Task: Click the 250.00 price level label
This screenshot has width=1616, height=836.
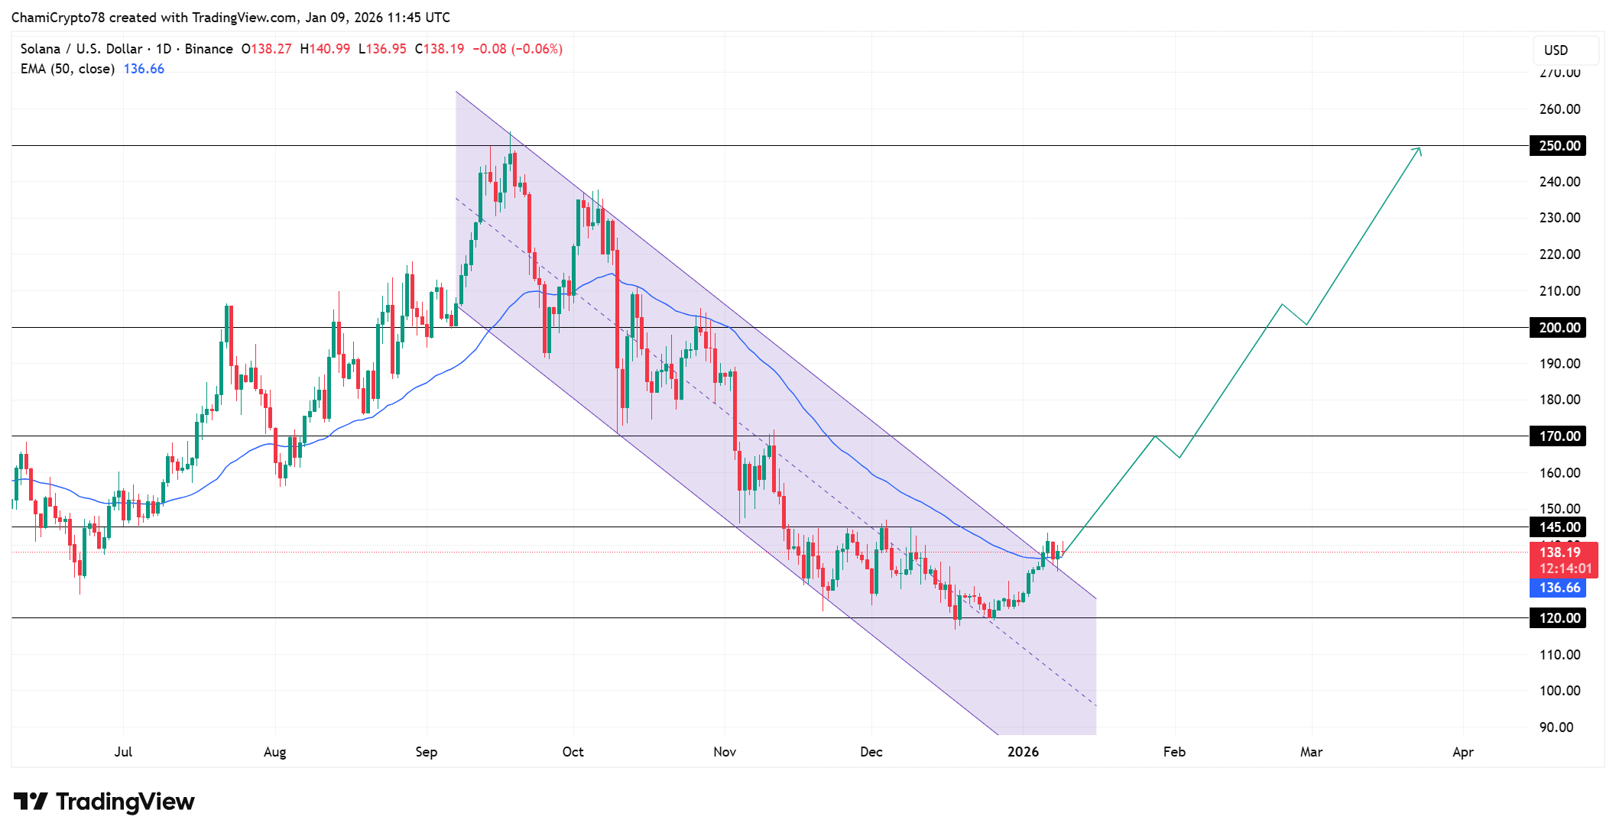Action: coord(1558,145)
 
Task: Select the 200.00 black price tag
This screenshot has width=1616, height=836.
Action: coord(1558,327)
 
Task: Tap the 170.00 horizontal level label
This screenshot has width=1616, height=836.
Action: coord(1558,436)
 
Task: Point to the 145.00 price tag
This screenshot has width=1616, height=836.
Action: coord(1558,527)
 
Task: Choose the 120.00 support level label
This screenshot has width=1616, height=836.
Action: coord(1558,617)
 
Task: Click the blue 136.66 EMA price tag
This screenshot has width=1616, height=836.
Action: coord(1558,588)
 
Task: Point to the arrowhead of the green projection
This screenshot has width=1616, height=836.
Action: coord(1419,149)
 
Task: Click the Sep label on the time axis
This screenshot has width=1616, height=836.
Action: coord(427,752)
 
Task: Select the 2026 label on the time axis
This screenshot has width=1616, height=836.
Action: coord(1023,752)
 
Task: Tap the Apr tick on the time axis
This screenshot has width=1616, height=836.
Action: coord(1462,752)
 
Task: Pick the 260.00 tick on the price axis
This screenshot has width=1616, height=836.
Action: coord(1559,109)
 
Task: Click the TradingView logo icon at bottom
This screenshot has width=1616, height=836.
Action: coord(31,802)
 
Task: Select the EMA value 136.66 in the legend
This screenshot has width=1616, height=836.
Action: coord(144,69)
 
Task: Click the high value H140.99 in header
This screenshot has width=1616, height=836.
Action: coord(325,49)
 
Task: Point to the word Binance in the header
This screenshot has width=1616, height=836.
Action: coord(209,49)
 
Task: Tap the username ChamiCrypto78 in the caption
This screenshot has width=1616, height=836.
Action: coord(58,18)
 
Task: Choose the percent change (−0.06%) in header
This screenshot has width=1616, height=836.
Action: coord(537,49)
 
